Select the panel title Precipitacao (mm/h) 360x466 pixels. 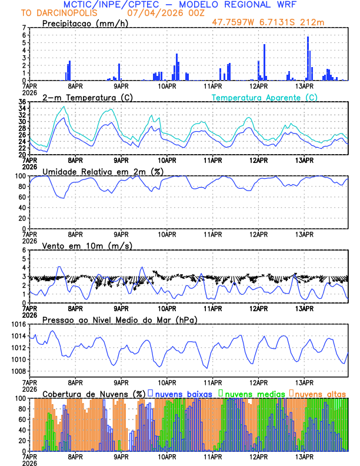coord(85,23)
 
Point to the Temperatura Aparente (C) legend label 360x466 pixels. coord(265,97)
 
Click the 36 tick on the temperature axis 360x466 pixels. coord(22,102)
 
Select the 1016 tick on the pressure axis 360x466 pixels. coord(18,324)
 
